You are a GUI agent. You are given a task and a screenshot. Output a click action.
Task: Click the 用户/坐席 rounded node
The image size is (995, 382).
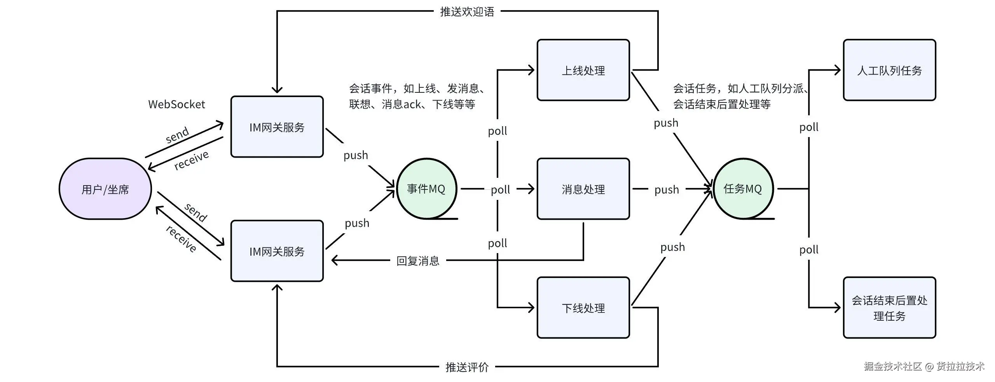tap(105, 189)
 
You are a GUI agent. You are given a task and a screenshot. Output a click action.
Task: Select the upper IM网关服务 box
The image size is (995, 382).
tap(277, 127)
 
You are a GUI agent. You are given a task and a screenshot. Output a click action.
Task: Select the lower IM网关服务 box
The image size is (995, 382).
tap(277, 251)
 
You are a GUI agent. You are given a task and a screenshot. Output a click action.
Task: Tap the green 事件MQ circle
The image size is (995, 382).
tap(426, 189)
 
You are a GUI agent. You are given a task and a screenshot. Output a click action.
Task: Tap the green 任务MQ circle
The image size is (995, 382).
tap(742, 189)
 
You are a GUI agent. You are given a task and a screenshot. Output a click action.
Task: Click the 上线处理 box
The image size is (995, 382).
tap(583, 70)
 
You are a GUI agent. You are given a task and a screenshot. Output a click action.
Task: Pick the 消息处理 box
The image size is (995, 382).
tap(583, 189)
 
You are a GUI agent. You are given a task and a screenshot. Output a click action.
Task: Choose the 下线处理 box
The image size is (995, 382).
tap(583, 307)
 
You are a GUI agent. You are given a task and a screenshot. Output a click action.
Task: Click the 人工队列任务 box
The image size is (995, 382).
tap(889, 70)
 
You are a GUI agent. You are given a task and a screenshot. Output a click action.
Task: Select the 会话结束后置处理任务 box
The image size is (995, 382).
tap(889, 307)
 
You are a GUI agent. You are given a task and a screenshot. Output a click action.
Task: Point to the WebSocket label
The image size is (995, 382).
tap(176, 104)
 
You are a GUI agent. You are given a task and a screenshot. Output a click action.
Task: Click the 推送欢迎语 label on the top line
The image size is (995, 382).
tap(467, 12)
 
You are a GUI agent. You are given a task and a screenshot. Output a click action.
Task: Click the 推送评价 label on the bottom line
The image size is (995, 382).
tap(467, 367)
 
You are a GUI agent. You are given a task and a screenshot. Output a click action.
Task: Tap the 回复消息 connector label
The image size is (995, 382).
tap(418, 260)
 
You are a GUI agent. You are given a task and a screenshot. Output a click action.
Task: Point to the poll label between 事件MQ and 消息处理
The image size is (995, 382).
tap(500, 189)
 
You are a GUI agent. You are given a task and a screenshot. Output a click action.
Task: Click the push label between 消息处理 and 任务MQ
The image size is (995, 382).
tap(667, 189)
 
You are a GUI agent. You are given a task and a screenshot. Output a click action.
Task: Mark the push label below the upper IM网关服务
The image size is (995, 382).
tap(356, 155)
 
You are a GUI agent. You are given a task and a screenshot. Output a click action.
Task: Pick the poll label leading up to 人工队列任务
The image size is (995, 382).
tap(809, 127)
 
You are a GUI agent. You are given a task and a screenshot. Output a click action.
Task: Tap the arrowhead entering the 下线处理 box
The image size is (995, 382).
tap(531, 307)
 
